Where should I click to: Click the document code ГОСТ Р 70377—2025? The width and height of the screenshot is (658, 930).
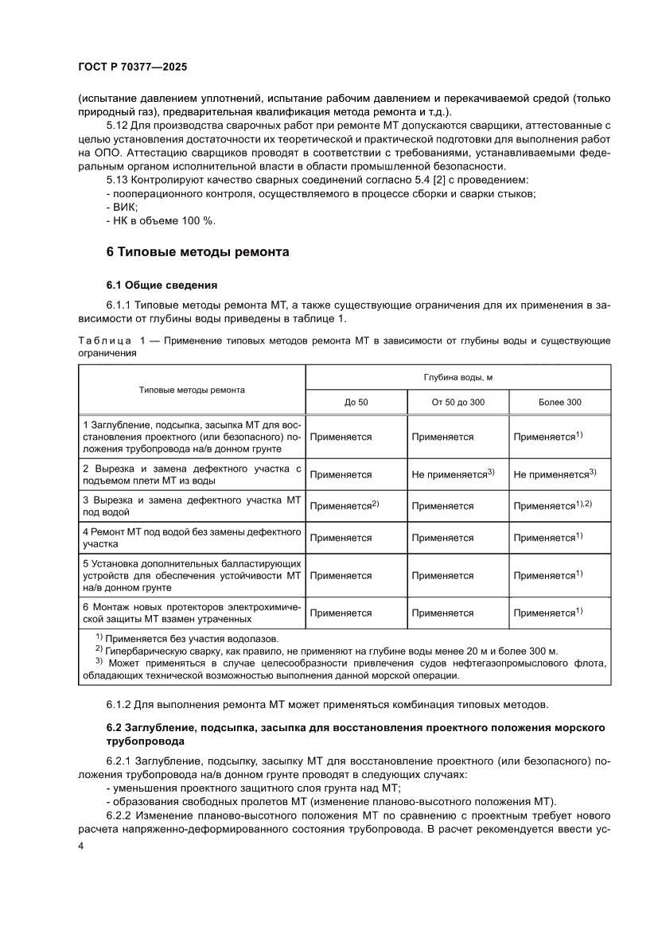pyautogui.click(x=132, y=68)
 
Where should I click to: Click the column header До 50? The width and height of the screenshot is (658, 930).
pyautogui.click(x=356, y=402)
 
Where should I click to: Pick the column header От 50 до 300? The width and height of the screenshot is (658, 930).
pyautogui.click(x=457, y=402)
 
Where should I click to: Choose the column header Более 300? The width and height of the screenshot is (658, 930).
pyautogui.click(x=559, y=402)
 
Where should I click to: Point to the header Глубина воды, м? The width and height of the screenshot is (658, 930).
pyautogui.click(x=457, y=377)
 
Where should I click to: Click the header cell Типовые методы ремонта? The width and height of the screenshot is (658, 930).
pyautogui.click(x=192, y=390)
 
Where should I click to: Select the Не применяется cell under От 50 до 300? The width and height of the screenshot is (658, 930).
pyautogui.click(x=454, y=474)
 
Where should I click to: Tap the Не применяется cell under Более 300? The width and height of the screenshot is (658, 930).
pyautogui.click(x=555, y=474)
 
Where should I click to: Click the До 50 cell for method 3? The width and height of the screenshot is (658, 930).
pyautogui.click(x=344, y=505)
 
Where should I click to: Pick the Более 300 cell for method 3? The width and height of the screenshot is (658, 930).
pyautogui.click(x=553, y=505)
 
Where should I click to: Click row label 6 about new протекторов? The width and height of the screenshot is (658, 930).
pyautogui.click(x=192, y=613)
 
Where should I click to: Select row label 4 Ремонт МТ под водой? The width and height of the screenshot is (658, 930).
pyautogui.click(x=192, y=538)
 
